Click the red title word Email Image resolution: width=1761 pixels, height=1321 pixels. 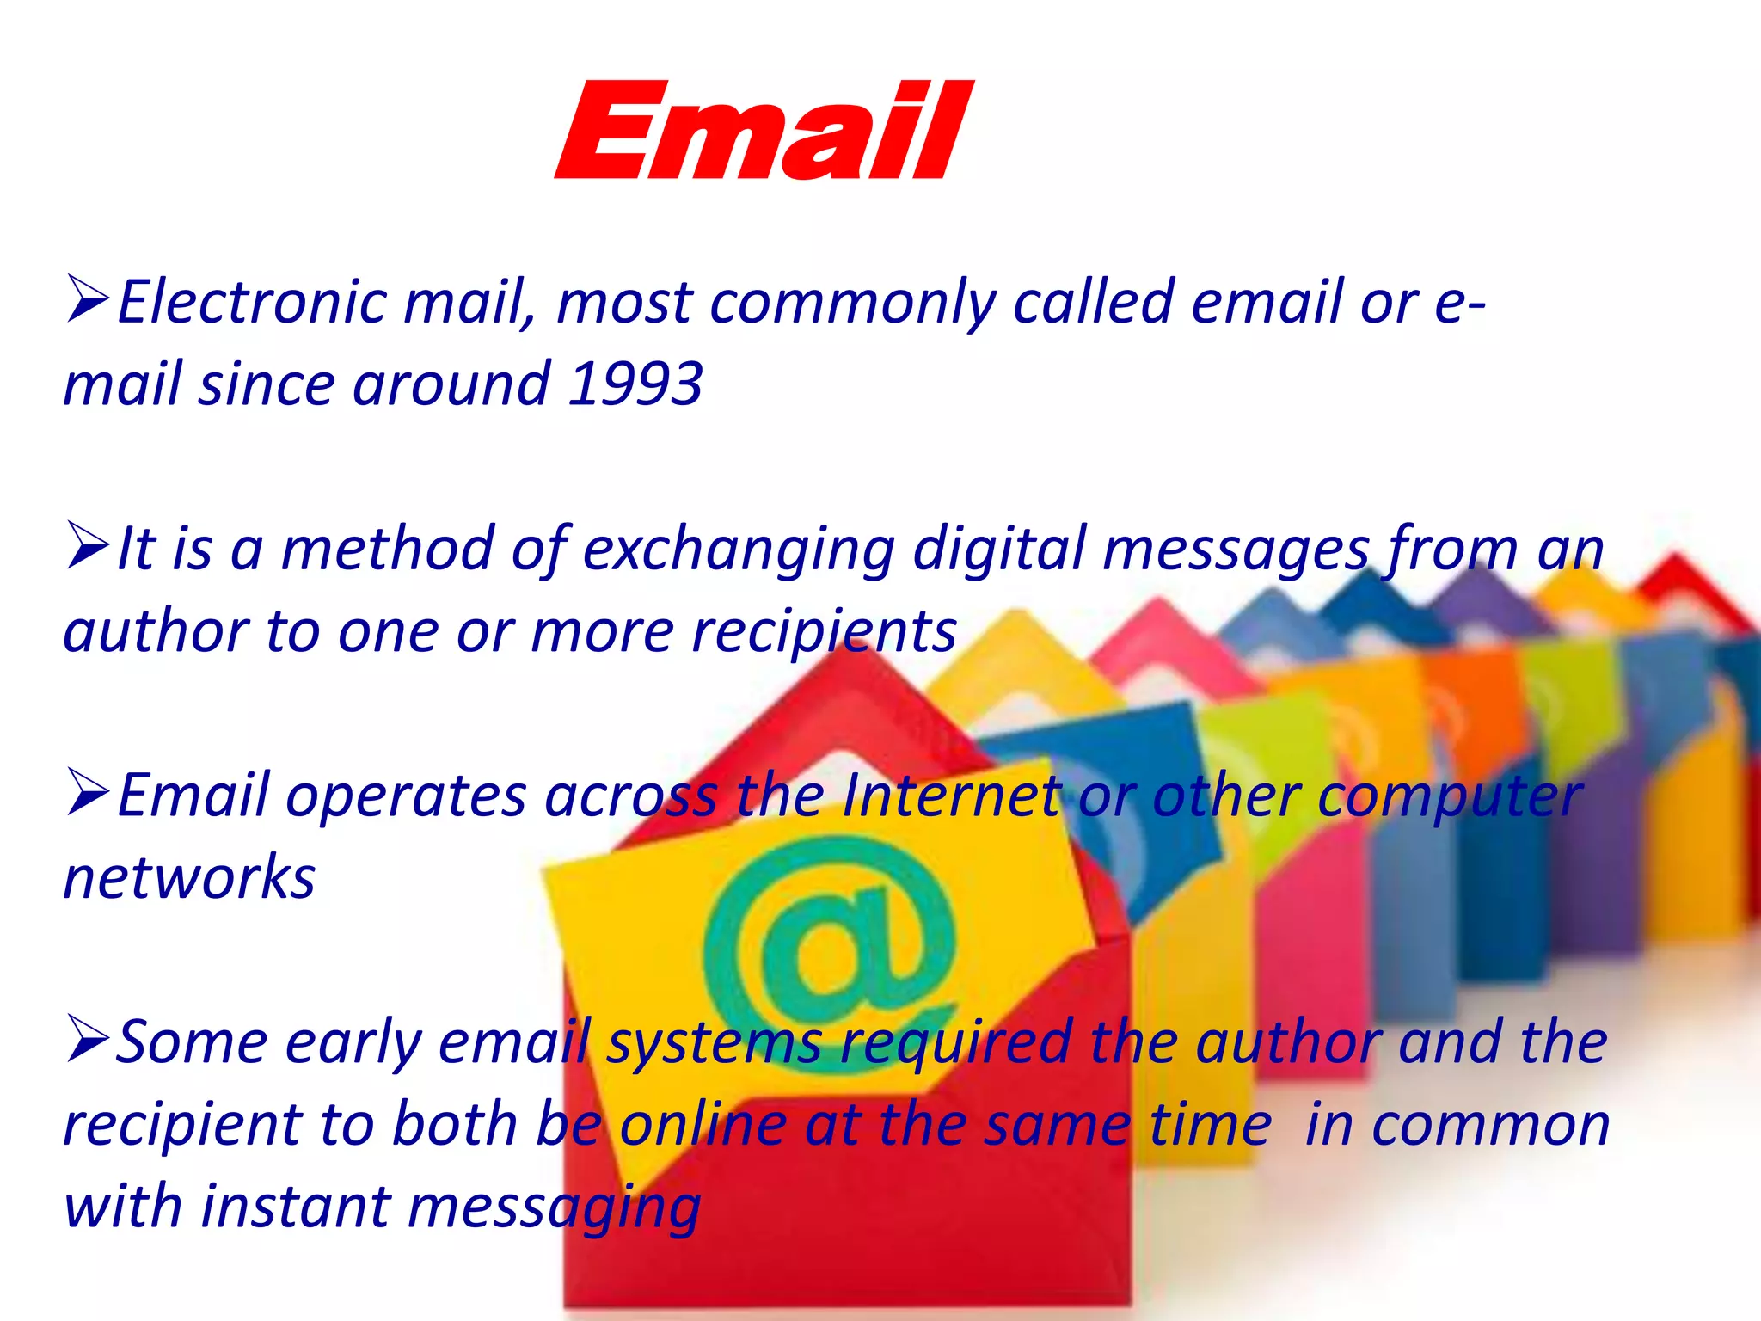pyautogui.click(x=764, y=131)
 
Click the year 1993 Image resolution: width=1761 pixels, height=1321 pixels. pyautogui.click(x=636, y=384)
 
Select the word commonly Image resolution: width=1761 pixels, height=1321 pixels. pyautogui.click(x=852, y=304)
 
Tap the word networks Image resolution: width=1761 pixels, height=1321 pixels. pyautogui.click(x=190, y=878)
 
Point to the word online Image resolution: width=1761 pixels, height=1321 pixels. pyautogui.click(x=703, y=1125)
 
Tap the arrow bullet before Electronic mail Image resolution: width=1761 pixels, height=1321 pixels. pyautogui.click(x=87, y=300)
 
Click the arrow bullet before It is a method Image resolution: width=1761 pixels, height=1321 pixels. pyautogui.click(x=87, y=547)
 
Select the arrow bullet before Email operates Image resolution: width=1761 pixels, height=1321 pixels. pyautogui.click(x=87, y=794)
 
